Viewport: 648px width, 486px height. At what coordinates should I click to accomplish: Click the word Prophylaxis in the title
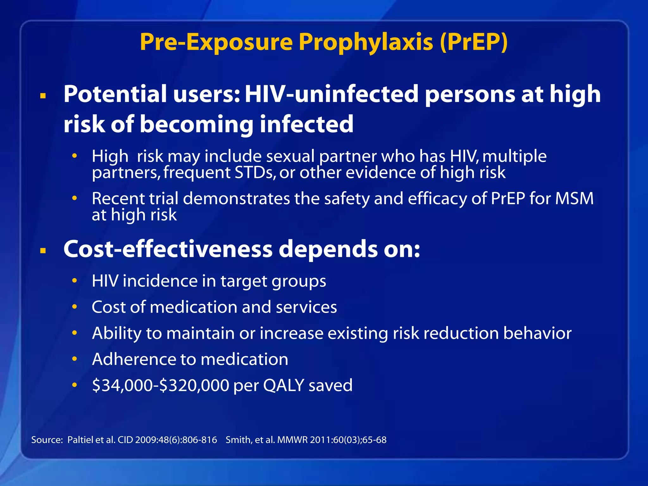point(365,42)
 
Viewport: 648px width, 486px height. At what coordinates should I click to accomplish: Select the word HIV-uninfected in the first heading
point(332,94)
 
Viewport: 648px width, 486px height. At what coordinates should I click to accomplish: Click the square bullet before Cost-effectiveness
point(43,251)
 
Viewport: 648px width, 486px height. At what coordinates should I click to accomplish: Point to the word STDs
point(255,173)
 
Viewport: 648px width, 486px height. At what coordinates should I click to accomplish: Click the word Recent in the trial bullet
point(118,199)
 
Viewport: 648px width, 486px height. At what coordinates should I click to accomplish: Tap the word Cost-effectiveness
point(168,249)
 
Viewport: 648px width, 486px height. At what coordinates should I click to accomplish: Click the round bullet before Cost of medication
point(75,307)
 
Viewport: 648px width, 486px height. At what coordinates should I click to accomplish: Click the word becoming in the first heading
point(196,124)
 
